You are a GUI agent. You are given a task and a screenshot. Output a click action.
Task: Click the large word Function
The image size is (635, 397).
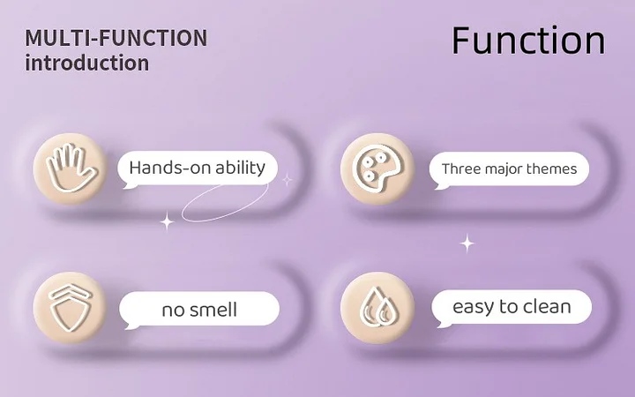coord(528,41)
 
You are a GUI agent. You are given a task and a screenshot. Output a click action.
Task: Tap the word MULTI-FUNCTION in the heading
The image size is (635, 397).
coord(116,38)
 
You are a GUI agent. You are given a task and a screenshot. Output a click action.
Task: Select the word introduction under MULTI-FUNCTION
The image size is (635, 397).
coord(87,64)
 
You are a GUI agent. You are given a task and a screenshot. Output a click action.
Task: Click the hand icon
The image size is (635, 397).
coord(71,169)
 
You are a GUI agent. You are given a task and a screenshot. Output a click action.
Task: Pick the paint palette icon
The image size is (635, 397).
coord(377,169)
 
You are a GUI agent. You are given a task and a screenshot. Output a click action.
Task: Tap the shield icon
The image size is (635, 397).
coord(70,307)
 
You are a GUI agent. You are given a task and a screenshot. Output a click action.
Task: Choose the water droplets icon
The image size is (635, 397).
coord(378,307)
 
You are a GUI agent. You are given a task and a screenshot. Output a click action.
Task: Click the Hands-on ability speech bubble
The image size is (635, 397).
coord(198,169)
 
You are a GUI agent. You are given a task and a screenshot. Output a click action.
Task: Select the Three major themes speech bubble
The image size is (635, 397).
coord(509,169)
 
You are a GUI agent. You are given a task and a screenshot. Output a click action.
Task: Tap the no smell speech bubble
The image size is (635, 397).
coord(198,310)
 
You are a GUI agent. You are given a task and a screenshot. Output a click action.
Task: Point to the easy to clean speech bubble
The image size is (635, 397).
coord(512,308)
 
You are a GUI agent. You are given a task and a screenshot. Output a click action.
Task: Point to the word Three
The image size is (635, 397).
coord(457,169)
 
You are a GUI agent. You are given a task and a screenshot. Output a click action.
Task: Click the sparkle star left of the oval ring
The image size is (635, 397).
coord(167,221)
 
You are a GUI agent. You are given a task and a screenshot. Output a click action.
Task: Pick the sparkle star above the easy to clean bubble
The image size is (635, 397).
coord(467,243)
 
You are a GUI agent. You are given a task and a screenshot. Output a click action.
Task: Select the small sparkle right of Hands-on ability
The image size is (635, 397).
coord(288,179)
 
